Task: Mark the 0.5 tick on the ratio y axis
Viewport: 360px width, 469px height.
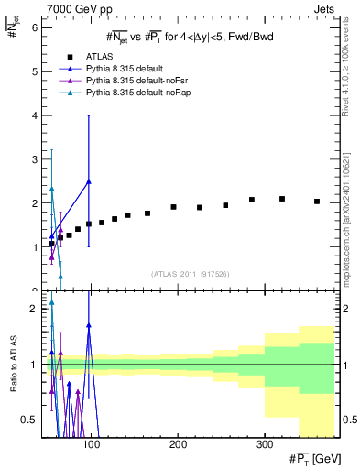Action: point(28,420)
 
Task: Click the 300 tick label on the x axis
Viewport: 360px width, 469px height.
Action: point(264,444)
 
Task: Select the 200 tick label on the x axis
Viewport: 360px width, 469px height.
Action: point(178,444)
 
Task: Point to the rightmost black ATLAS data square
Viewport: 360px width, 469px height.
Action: point(317,202)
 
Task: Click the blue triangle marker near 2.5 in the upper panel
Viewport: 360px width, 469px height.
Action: point(89,181)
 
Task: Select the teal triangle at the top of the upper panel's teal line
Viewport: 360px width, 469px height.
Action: point(51,189)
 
